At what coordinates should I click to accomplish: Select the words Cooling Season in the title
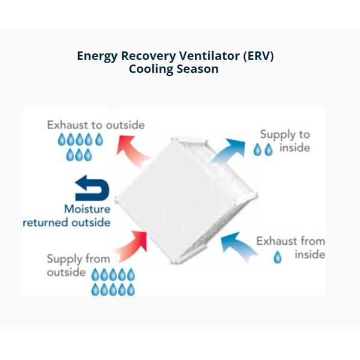tap(173, 69)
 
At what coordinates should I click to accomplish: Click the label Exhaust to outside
tap(96, 125)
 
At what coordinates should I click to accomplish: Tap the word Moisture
tap(87, 209)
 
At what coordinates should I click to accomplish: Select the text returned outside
tap(67, 222)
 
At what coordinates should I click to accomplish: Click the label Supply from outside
tap(78, 265)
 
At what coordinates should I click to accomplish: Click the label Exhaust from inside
tap(291, 247)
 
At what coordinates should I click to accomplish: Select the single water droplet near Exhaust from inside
tap(278, 258)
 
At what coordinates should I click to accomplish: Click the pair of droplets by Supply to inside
tap(263, 150)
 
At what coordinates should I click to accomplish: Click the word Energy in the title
tap(98, 56)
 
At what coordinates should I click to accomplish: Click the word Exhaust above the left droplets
tap(67, 125)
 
